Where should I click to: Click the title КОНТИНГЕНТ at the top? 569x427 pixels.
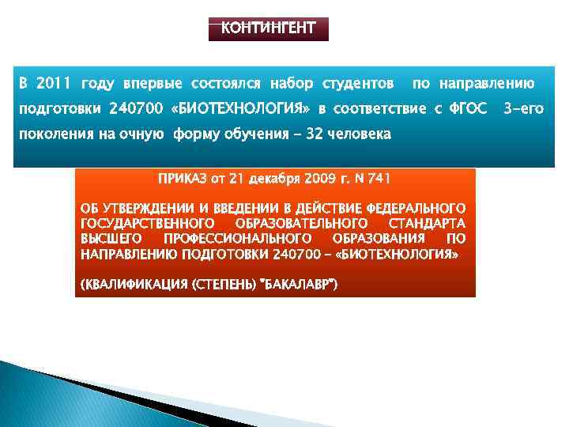tap(268, 29)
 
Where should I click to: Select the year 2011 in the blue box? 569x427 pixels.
tap(54, 83)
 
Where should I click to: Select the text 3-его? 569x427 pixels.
tap(523, 108)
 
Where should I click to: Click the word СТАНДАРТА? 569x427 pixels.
tap(428, 223)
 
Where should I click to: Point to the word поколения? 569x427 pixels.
tap(52, 134)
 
